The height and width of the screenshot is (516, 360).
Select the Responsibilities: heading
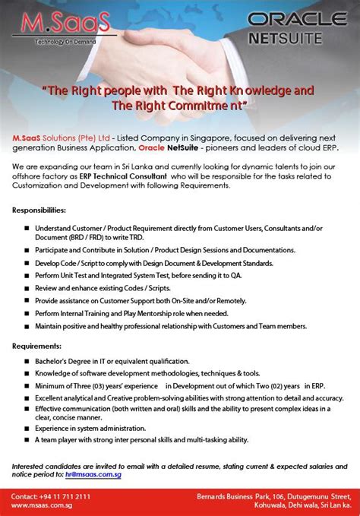click(39, 209)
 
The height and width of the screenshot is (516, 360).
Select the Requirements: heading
click(36, 345)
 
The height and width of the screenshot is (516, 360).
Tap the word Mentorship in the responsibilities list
click(171, 314)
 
